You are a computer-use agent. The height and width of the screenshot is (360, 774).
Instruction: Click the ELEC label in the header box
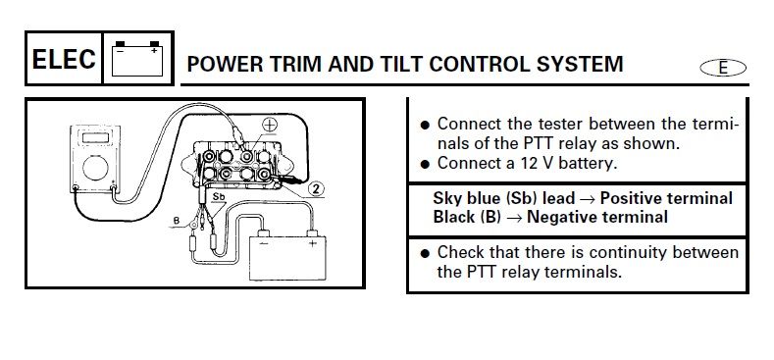[63, 59]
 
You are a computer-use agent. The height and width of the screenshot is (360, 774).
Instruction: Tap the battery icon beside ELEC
[137, 59]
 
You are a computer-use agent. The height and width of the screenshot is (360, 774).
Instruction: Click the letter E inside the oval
[723, 68]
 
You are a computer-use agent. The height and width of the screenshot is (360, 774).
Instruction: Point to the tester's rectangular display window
[95, 137]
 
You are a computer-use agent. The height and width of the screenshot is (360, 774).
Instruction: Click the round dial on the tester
[95, 168]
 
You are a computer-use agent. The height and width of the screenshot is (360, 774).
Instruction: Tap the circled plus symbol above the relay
[270, 125]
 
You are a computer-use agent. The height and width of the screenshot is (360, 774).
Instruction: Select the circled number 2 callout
[316, 189]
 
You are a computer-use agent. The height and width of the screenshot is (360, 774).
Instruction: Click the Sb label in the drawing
[218, 196]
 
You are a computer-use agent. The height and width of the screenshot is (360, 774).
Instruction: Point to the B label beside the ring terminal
[176, 221]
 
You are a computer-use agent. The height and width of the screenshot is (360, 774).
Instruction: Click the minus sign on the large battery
[264, 244]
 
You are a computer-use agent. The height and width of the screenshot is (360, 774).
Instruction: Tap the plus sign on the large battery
[312, 243]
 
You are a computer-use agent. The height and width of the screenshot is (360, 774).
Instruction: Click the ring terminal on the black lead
[194, 225]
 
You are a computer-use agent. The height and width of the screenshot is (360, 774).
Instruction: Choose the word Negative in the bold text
[560, 217]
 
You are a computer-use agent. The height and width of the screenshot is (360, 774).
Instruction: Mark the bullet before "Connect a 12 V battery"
[425, 165]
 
